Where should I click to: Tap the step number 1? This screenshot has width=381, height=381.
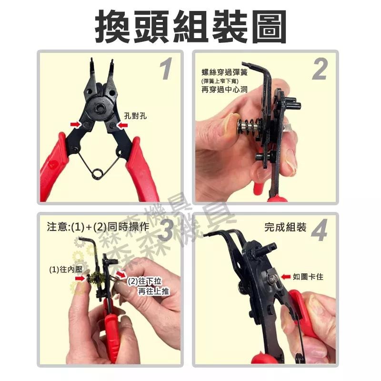(166, 69)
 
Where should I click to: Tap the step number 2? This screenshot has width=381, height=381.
(320, 69)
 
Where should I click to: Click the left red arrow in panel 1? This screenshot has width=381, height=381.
(75, 124)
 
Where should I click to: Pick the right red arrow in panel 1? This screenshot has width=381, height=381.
(122, 125)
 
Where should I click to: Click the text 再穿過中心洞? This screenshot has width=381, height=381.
(225, 89)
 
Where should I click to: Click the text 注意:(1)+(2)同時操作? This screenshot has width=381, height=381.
(98, 227)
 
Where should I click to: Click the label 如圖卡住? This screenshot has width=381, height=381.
(308, 277)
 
